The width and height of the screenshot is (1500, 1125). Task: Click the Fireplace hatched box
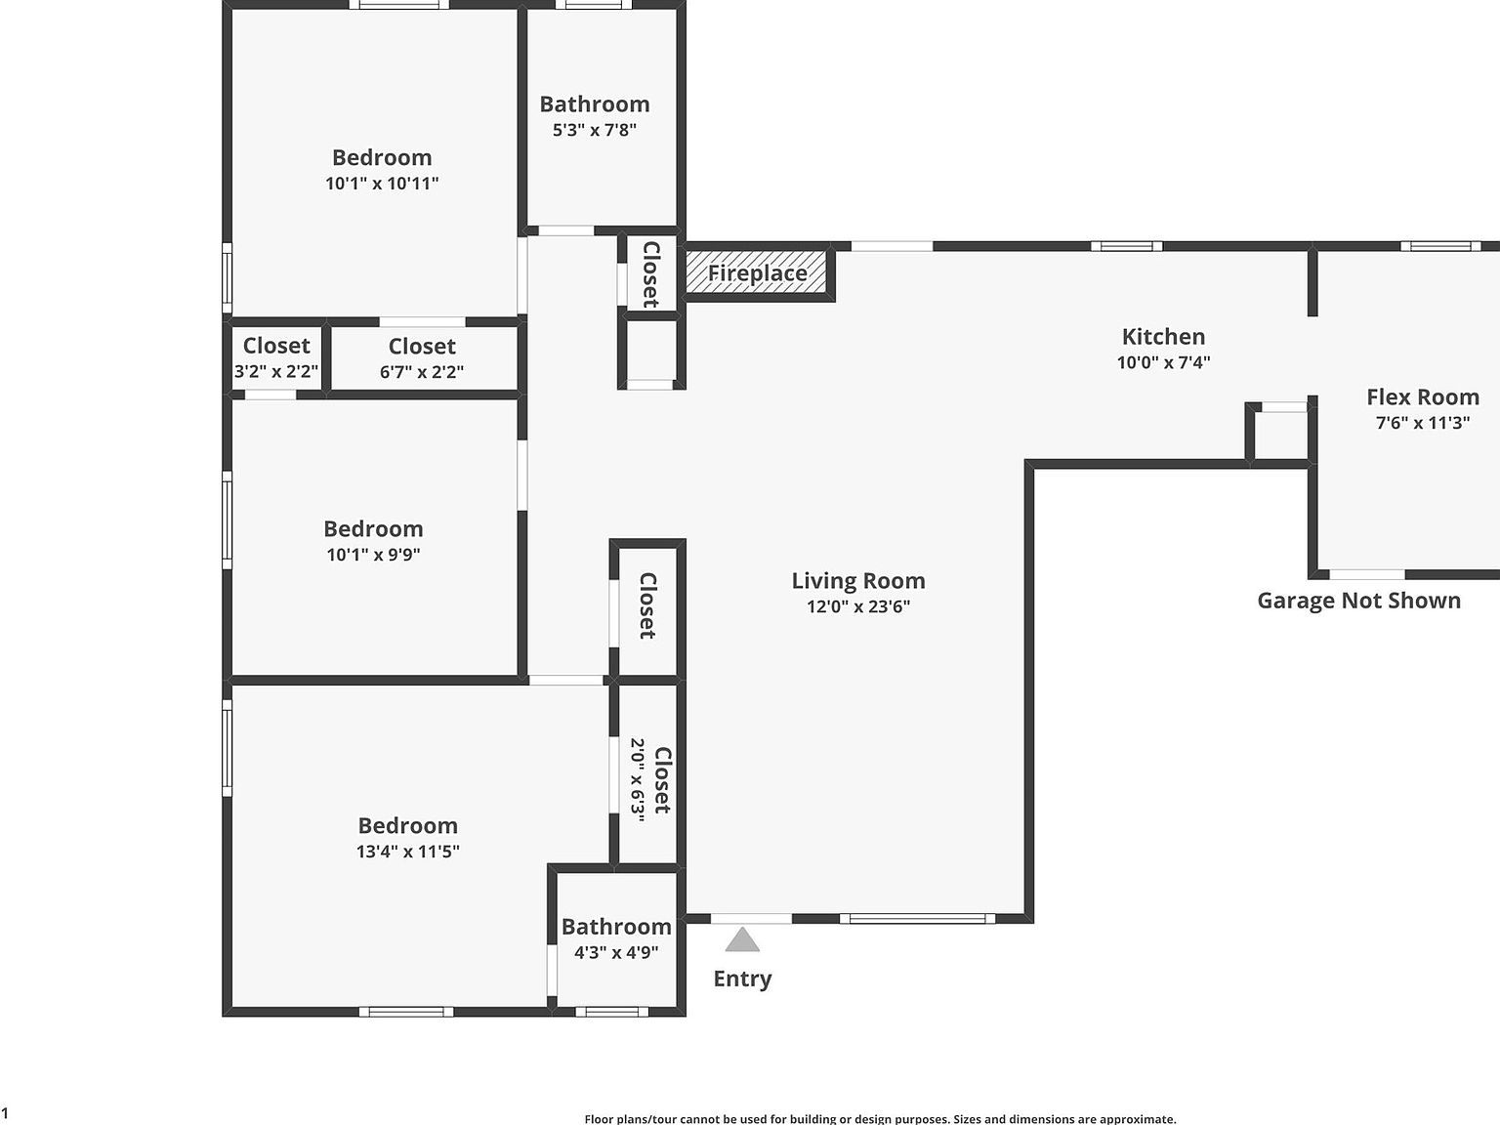[x=758, y=272]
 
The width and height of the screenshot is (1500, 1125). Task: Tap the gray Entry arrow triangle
[x=742, y=940]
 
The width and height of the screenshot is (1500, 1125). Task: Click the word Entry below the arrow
[x=742, y=979]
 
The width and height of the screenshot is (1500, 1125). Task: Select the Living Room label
[x=858, y=581]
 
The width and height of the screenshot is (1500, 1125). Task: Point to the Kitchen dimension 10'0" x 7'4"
[x=1163, y=362]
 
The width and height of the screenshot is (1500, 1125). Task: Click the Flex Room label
[x=1422, y=397]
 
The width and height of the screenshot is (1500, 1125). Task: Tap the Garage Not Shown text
[x=1358, y=601]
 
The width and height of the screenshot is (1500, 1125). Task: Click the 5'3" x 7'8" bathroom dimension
[x=595, y=130]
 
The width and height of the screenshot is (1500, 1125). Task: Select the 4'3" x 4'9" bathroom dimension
[x=616, y=952]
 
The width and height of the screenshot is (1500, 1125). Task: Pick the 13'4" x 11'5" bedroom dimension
[x=407, y=852]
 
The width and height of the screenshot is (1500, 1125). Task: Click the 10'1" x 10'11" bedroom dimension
[x=382, y=184]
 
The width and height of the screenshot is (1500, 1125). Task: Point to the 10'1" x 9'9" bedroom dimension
[x=373, y=555]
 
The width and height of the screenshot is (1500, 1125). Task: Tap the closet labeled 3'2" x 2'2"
[x=276, y=371]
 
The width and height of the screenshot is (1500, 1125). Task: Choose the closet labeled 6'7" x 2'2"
[x=422, y=371]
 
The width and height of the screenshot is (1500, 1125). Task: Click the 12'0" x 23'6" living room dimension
[x=858, y=606]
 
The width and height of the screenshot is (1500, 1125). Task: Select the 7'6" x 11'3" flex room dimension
[x=1422, y=423]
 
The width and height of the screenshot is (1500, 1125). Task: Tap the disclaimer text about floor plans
[x=880, y=1119]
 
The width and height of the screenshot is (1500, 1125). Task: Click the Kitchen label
[x=1163, y=337]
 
